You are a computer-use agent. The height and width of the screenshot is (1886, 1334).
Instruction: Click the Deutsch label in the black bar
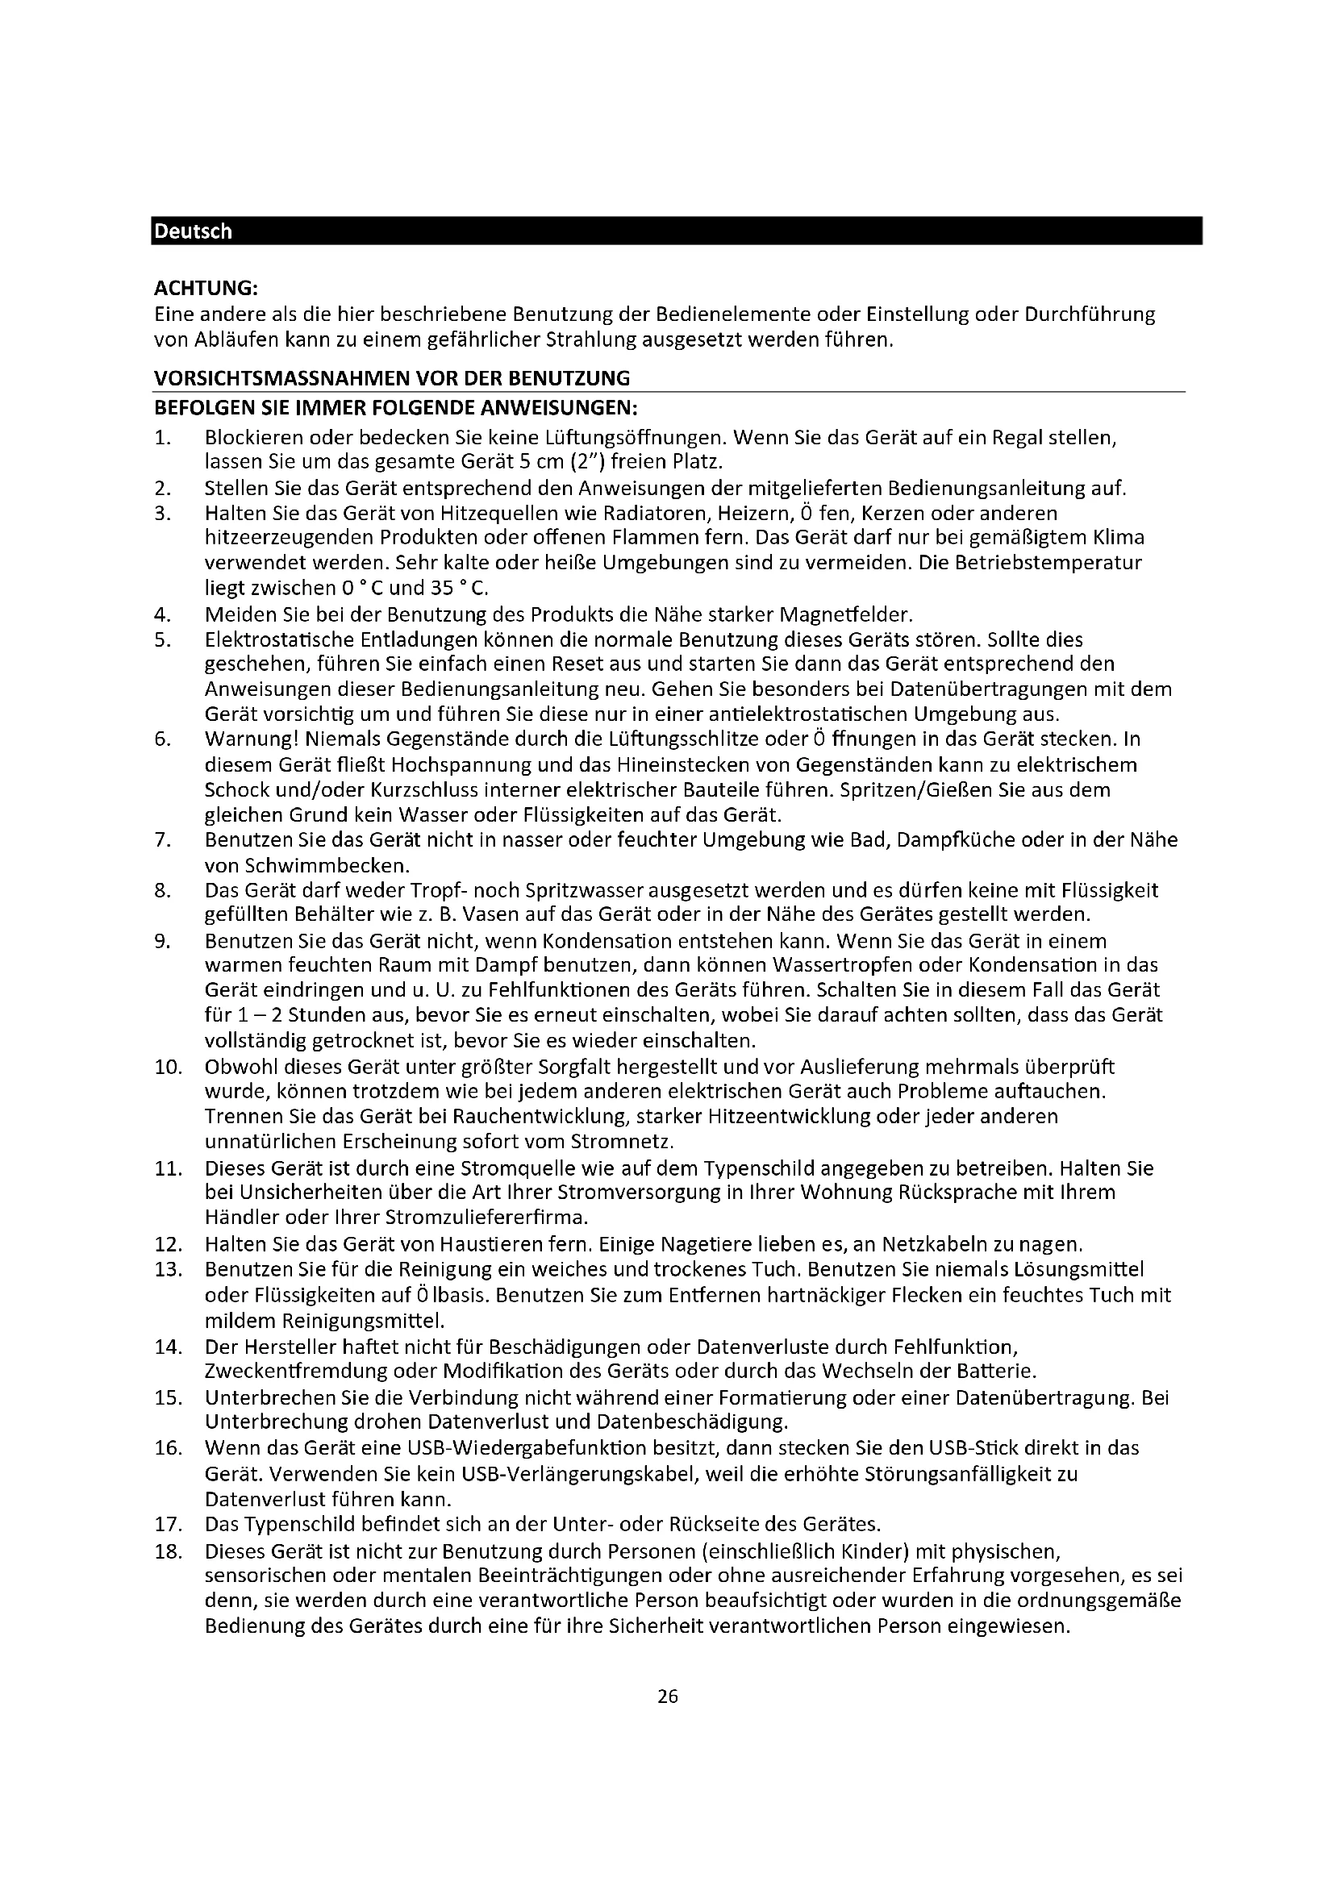click(193, 231)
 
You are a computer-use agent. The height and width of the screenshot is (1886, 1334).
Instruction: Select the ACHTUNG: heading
click(206, 289)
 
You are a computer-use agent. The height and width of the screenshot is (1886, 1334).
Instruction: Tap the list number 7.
click(162, 839)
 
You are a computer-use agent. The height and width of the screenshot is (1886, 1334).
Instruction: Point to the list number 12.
click(167, 1243)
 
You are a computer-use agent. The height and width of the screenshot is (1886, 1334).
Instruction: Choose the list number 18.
click(167, 1551)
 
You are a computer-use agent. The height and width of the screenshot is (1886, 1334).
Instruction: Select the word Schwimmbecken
click(306, 865)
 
